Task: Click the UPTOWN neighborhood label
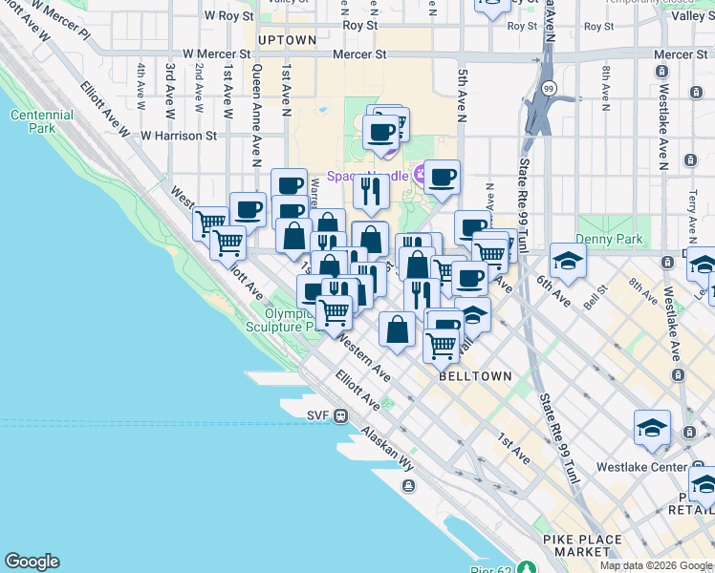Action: click(x=287, y=40)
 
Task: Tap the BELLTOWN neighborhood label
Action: click(x=475, y=376)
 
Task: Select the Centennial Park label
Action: click(x=41, y=122)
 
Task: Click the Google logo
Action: click(x=32, y=562)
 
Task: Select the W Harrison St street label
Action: click(x=178, y=136)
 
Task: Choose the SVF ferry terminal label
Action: click(x=318, y=414)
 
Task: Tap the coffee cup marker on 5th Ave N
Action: click(x=442, y=177)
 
